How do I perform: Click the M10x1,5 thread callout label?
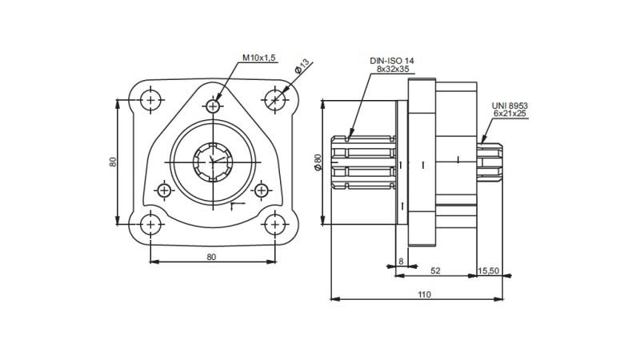(260, 58)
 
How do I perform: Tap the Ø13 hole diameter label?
(302, 66)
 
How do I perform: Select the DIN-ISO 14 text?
(391, 61)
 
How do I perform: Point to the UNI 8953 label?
(509, 106)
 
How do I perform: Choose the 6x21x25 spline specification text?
(510, 114)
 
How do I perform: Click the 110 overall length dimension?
(423, 294)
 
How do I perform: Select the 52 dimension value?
(435, 270)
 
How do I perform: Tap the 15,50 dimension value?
(488, 270)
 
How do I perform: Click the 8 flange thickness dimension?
(401, 261)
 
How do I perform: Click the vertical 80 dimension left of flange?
(114, 162)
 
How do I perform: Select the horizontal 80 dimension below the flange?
(212, 257)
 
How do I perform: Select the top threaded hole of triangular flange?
(213, 106)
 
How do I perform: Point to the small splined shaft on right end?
(491, 162)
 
